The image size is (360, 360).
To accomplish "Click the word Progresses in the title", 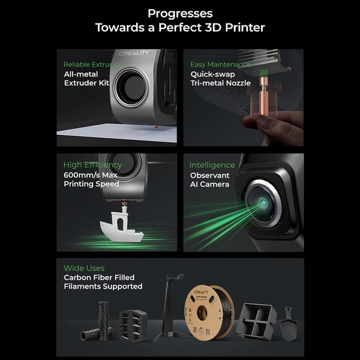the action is (180, 14).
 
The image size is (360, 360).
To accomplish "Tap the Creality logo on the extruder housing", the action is (134, 53).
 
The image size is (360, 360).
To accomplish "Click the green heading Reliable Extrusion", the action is (93, 65).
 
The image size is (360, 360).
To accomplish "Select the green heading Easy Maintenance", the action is (220, 65).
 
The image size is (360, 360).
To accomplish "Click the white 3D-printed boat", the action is (122, 224).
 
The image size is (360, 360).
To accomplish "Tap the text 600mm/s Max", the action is (91, 175).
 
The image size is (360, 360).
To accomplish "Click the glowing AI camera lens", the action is (263, 203).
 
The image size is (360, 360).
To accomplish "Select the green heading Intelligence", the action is (212, 165).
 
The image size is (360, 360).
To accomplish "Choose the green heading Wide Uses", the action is (84, 268).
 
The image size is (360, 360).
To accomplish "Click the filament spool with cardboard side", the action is (209, 313).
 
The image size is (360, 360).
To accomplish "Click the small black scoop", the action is (289, 324).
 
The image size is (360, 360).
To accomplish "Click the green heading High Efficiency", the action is (93, 165).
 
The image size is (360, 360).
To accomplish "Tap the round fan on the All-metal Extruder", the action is (131, 88).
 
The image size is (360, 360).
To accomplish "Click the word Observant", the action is (209, 175).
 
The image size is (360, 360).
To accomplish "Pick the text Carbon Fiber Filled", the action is (99, 278).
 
